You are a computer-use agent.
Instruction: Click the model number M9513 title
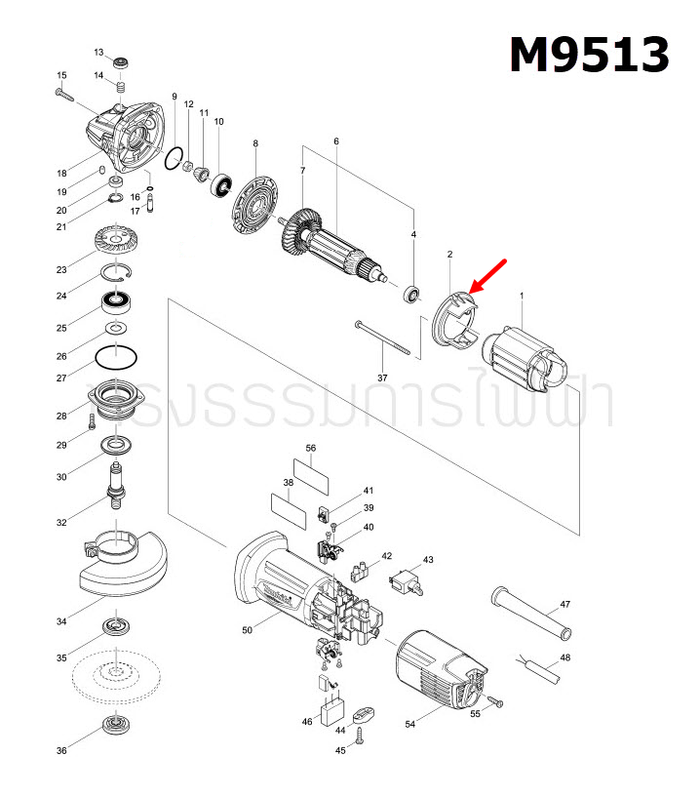(x=590, y=55)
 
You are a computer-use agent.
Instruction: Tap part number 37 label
(x=382, y=378)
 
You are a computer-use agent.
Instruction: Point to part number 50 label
(x=247, y=631)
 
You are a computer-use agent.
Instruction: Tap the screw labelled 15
(x=69, y=95)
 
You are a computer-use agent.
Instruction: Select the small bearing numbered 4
(x=412, y=291)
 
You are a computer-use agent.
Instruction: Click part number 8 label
(x=255, y=143)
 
